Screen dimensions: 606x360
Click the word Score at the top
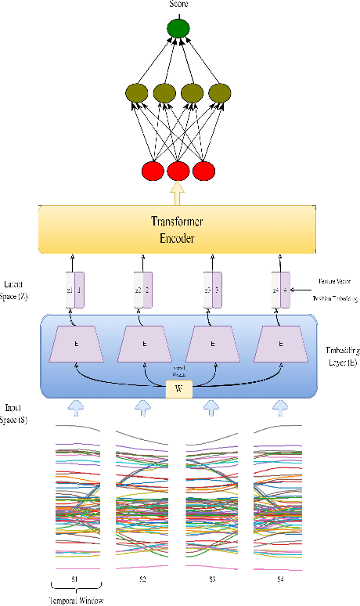click(x=178, y=5)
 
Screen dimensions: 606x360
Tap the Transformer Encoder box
click(x=178, y=228)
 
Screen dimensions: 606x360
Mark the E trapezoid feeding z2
click(x=145, y=344)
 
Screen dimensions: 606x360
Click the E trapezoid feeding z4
click(x=281, y=344)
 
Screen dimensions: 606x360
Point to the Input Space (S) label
click(x=17, y=413)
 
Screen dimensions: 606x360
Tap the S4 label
click(x=279, y=578)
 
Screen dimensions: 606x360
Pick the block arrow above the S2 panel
click(x=142, y=407)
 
